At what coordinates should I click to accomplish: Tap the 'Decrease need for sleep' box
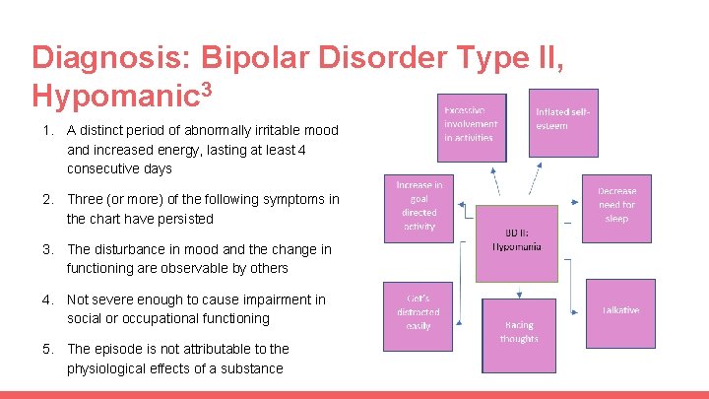(x=616, y=207)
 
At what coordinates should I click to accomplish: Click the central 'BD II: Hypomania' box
(x=518, y=239)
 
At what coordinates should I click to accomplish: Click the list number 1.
(x=46, y=130)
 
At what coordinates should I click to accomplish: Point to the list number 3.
(x=46, y=249)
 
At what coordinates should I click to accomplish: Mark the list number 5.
(x=46, y=349)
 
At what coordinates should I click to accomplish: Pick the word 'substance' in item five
(x=251, y=368)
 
